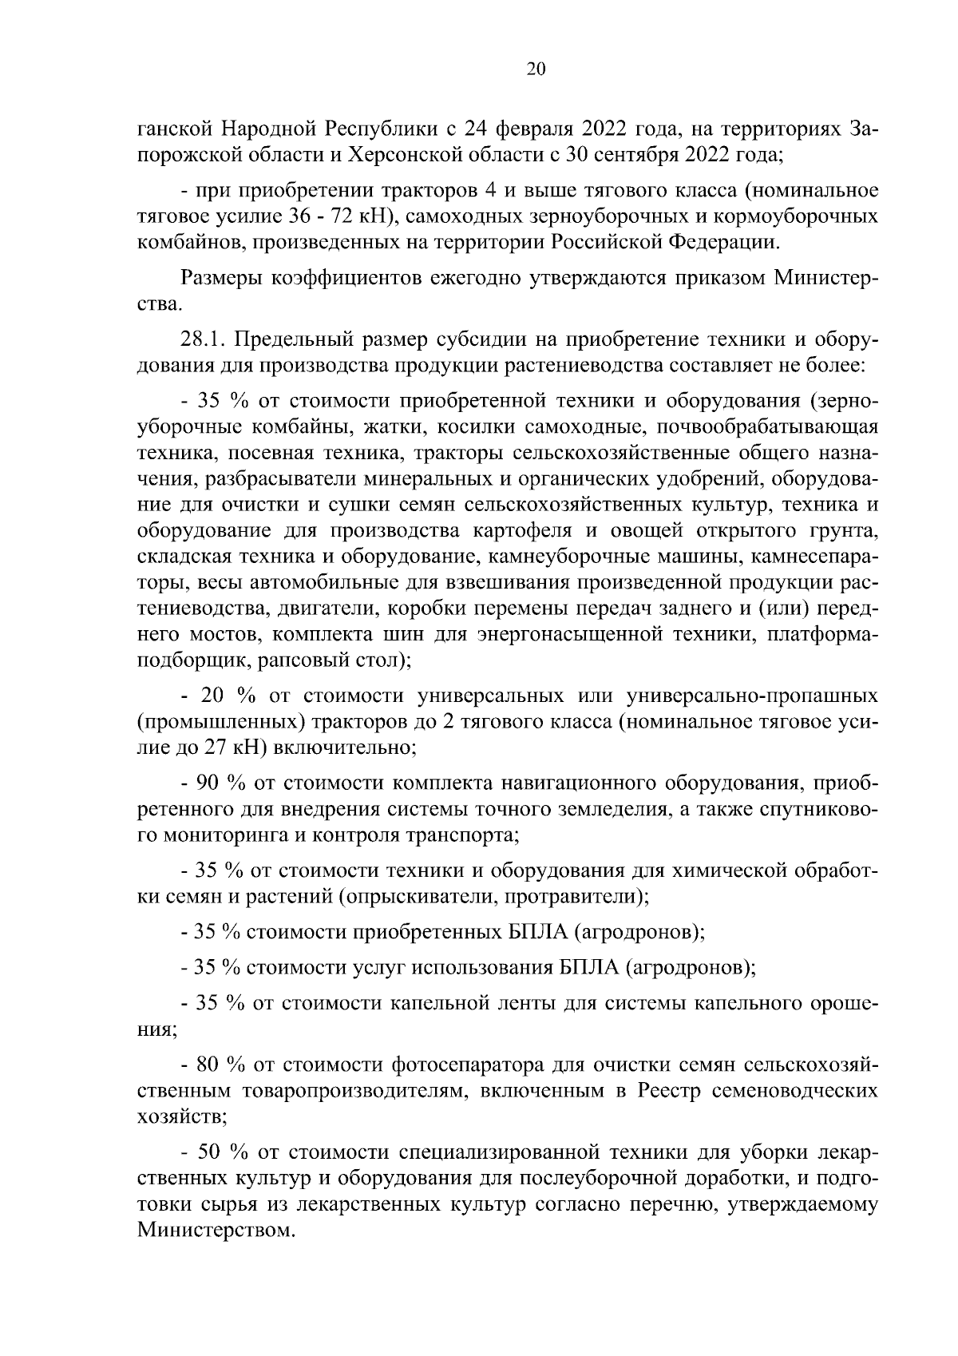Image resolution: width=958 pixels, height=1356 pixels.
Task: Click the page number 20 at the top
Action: click(536, 69)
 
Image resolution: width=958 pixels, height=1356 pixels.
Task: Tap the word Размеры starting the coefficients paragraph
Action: click(223, 278)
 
